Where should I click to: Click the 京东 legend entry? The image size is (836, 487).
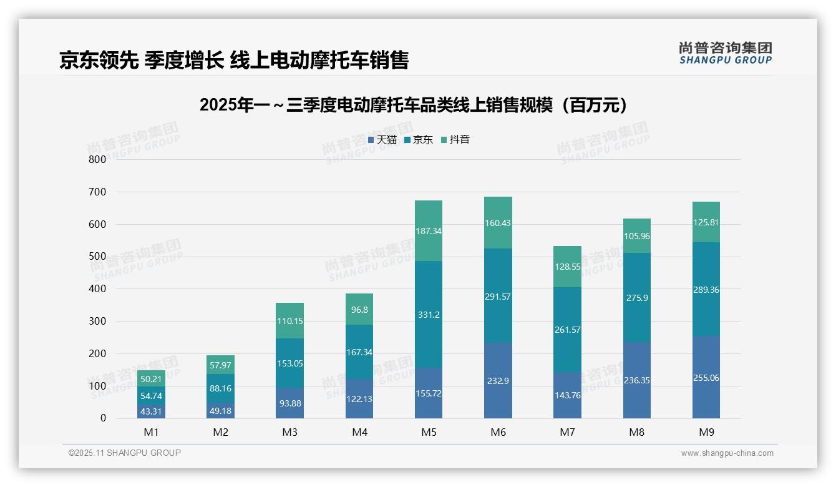[x=419, y=140]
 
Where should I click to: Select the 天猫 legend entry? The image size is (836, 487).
[x=382, y=140]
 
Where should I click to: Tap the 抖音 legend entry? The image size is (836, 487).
[x=455, y=140]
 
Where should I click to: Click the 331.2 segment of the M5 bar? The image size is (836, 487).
[x=429, y=315]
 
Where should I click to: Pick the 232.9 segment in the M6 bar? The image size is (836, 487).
[x=498, y=380]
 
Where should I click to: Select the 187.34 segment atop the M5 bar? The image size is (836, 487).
[x=429, y=231]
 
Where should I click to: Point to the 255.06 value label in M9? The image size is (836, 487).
[x=706, y=378]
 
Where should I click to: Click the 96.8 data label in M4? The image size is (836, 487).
[x=359, y=309]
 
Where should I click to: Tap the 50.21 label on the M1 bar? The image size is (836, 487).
[x=152, y=379]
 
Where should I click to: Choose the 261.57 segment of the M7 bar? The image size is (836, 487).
[x=567, y=330]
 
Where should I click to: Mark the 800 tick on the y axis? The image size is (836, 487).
[x=97, y=159]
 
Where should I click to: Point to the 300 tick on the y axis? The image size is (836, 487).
[x=97, y=321]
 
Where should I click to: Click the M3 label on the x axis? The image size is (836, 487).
[x=290, y=432]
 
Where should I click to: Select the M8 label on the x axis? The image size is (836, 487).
[x=636, y=432]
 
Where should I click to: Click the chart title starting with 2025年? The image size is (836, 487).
[x=413, y=105]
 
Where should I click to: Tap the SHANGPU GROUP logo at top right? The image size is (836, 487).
[x=725, y=53]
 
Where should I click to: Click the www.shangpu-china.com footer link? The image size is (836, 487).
[x=727, y=453]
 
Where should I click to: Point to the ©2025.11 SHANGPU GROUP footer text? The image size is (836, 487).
[x=125, y=453]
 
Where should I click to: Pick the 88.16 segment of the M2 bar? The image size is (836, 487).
[x=221, y=388]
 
